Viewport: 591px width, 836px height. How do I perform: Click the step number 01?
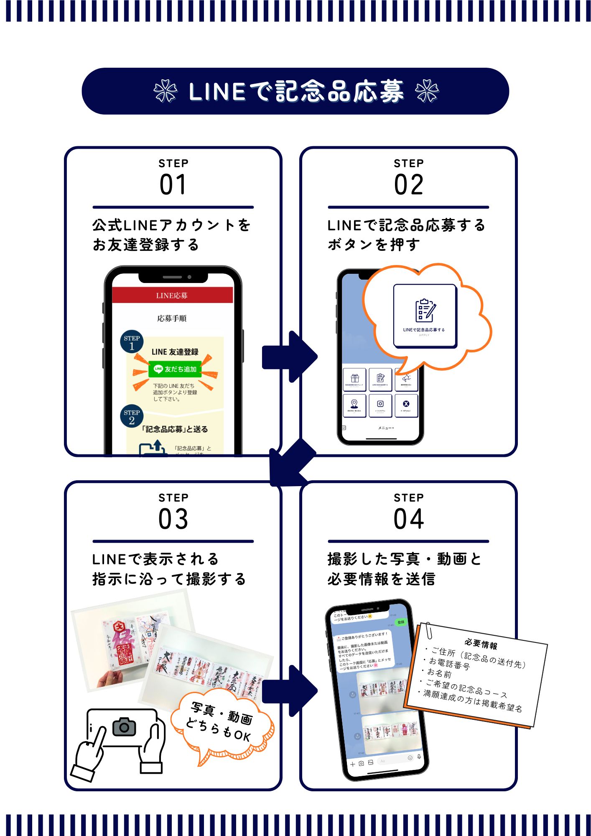pos(173,185)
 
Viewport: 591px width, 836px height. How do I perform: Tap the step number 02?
pos(408,185)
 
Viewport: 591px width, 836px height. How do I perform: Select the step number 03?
pos(173,519)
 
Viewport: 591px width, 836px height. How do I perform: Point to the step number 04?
pos(408,519)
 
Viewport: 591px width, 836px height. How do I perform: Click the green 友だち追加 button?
pos(175,369)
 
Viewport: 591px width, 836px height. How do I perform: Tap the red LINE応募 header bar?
pos(172,295)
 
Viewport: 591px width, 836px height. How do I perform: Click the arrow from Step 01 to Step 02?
pos(290,357)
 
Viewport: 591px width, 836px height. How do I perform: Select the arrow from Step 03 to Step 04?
pos(290,691)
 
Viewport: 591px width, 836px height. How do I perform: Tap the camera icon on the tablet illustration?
pos(124,727)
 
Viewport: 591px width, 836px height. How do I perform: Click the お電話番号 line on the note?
pos(449,663)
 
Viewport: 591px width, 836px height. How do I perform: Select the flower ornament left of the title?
pos(165,91)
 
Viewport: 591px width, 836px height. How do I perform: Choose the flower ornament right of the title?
pos(427,91)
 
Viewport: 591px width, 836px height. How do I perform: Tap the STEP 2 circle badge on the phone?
pos(132,416)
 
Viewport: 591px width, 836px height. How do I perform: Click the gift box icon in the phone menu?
pos(354,378)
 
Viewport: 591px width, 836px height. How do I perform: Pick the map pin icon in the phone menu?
pos(354,404)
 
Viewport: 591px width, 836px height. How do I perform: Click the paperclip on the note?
pos(428,630)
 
